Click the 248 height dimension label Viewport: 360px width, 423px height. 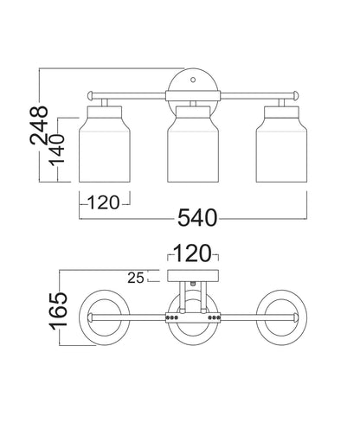pos(39,125)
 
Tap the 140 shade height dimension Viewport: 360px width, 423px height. pos(56,151)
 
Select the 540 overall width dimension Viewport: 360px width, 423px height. pos(197,218)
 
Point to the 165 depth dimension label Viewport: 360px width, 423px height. pos(59,311)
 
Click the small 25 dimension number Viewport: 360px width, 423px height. pos(136,278)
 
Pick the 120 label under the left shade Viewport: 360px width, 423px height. pos(103,202)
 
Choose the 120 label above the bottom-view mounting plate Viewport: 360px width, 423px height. pos(193,253)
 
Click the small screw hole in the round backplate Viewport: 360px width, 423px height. pos(193,80)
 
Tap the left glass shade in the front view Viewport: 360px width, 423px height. pos(105,144)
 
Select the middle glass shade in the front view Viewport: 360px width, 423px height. pos(193,144)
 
